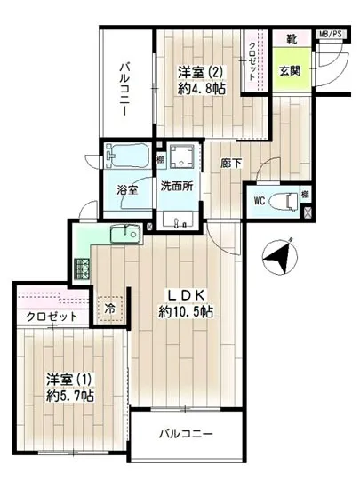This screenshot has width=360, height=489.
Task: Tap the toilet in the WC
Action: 286,201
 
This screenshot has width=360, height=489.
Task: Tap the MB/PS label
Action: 331,36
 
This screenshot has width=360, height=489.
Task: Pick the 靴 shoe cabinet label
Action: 291,38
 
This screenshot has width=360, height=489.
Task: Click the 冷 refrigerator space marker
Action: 110,307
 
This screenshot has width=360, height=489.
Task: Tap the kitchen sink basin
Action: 122,236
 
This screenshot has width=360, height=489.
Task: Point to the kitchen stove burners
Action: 83,265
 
